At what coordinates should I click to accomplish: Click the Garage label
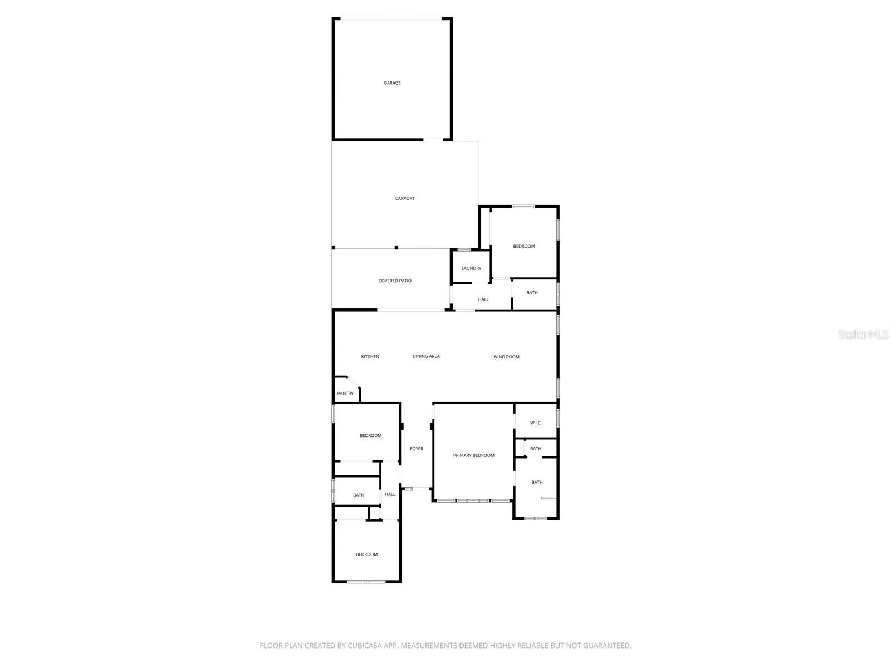click(x=392, y=83)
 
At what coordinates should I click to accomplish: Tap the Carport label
click(x=405, y=198)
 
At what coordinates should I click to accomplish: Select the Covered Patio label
click(x=395, y=281)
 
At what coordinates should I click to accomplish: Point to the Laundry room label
click(x=471, y=268)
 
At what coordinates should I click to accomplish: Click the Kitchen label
click(x=370, y=357)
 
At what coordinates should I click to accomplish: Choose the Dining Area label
click(x=426, y=356)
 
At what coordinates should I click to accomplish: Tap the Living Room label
click(x=505, y=357)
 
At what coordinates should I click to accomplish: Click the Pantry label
click(x=345, y=394)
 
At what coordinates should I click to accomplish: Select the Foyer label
click(x=417, y=449)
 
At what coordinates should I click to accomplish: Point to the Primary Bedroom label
click(x=473, y=455)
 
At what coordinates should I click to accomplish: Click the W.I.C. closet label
click(x=536, y=423)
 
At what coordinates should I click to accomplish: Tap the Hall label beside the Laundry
click(x=483, y=299)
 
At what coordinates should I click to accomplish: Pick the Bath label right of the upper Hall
click(x=532, y=293)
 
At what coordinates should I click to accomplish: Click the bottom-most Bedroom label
click(x=367, y=554)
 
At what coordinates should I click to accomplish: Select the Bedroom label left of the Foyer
click(x=370, y=435)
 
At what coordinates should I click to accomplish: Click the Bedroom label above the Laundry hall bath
click(x=524, y=246)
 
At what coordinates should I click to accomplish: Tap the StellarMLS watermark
click(x=863, y=334)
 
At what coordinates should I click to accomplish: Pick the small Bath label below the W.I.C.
click(x=536, y=449)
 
